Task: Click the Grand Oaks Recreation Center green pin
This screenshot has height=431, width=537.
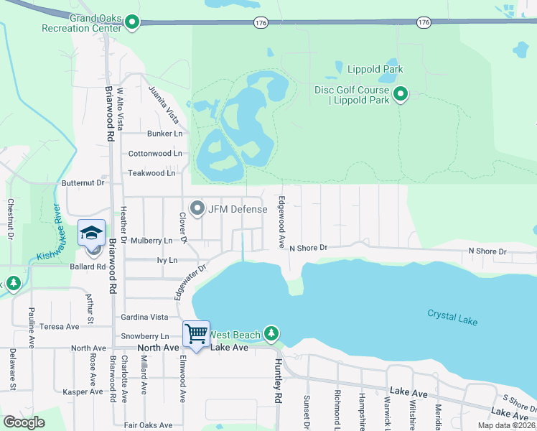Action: click(x=131, y=23)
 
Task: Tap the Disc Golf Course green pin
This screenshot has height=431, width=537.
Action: click(x=401, y=93)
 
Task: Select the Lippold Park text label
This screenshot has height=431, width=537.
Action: click(x=375, y=69)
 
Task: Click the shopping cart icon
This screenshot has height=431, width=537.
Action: click(x=196, y=333)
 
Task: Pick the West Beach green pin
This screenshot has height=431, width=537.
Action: click(x=271, y=333)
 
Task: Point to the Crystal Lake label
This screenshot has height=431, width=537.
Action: click(x=452, y=317)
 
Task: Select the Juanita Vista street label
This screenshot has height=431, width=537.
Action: click(x=162, y=103)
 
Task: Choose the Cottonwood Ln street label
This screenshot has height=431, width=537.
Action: click(x=155, y=154)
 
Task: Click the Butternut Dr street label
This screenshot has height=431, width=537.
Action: click(x=83, y=183)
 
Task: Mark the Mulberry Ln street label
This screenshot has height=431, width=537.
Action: click(x=151, y=241)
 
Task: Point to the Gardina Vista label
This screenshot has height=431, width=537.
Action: click(x=144, y=317)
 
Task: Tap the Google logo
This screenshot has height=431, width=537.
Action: click(x=24, y=422)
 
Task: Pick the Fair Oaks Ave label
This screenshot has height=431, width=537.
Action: click(x=149, y=425)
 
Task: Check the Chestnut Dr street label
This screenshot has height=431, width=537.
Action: click(x=11, y=218)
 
